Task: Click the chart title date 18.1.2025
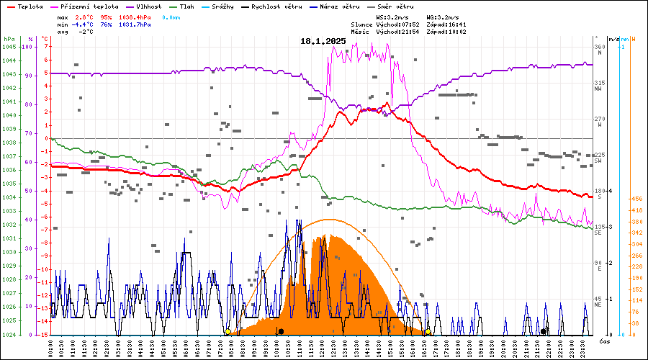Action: tap(323, 41)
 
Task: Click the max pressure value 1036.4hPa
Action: tap(135, 17)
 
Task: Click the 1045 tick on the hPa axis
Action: tap(9, 47)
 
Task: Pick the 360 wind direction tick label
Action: tap(599, 47)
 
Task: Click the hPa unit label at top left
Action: tap(9, 39)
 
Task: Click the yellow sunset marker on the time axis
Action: tap(428, 332)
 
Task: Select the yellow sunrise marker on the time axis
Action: tap(228, 332)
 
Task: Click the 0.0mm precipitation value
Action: tap(171, 17)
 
